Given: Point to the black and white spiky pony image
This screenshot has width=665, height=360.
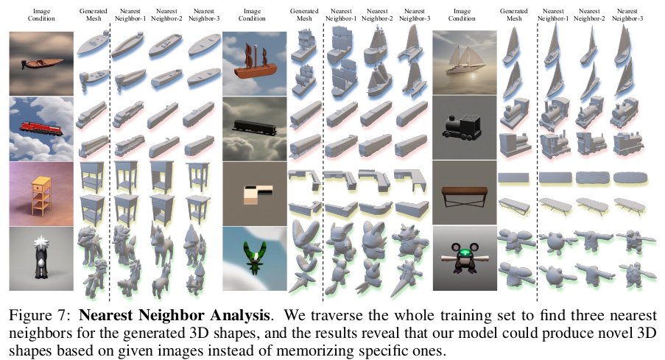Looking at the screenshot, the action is [x=41, y=258].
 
